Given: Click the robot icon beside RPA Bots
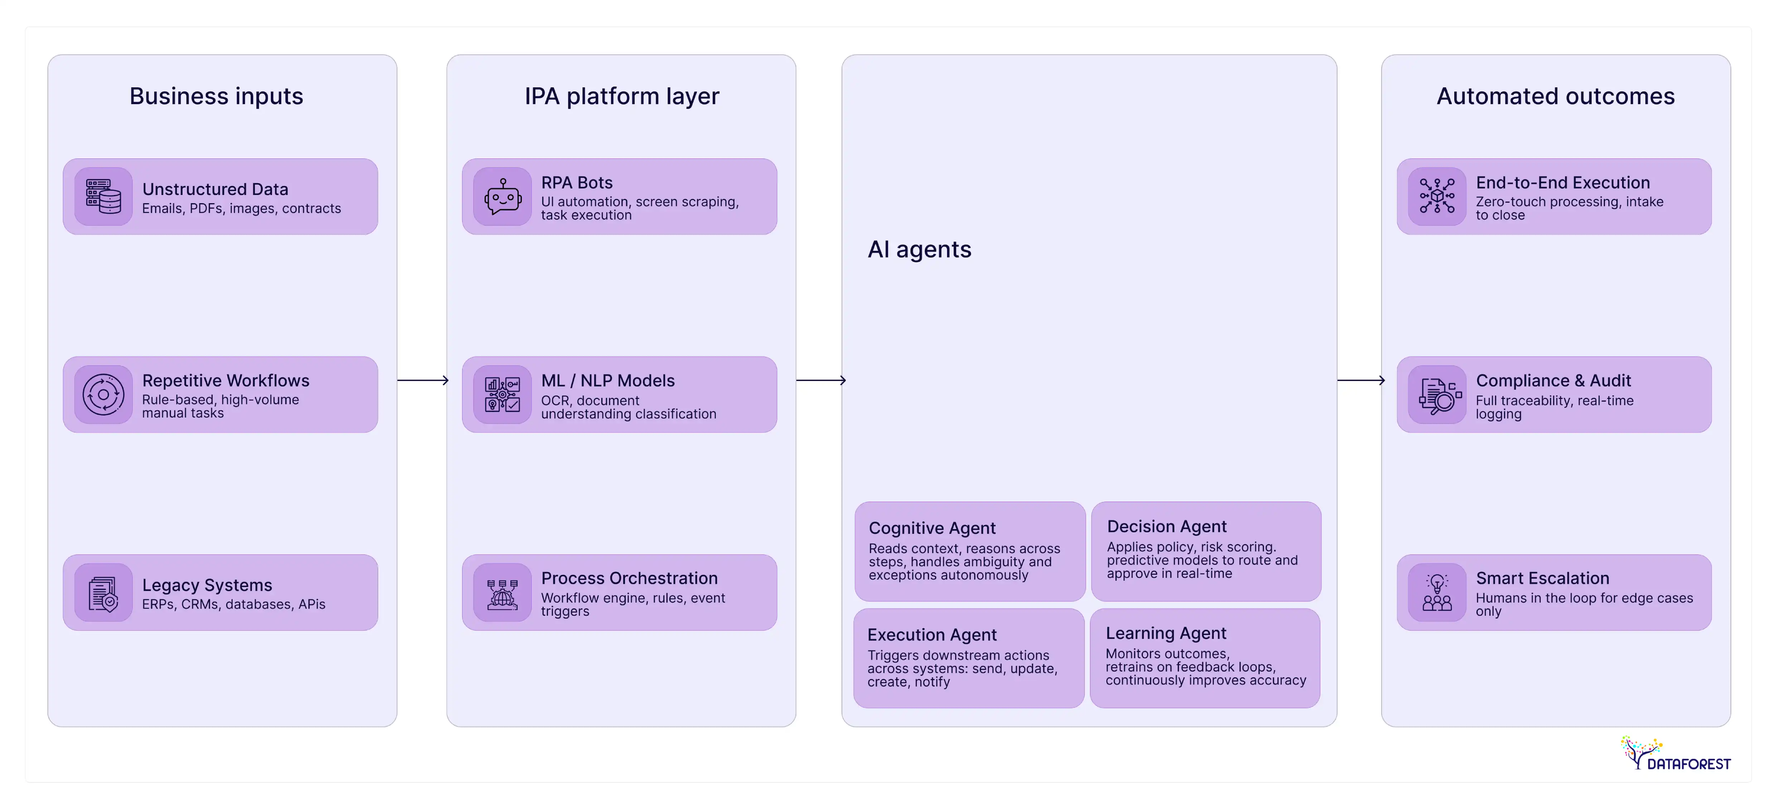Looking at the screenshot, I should pos(503,196).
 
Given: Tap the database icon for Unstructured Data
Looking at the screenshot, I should pos(103,196).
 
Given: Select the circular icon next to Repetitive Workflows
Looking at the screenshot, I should pos(103,394).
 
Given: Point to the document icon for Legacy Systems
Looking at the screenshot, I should pos(103,593).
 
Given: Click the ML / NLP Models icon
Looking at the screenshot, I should pos(503,394).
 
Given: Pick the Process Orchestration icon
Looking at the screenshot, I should pos(503,593).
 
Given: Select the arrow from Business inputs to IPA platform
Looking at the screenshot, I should pos(423,380).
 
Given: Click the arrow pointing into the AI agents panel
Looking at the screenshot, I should pos(820,380).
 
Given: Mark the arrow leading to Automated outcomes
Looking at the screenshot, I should pos(1360,380).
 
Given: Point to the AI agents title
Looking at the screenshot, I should pos(919,250).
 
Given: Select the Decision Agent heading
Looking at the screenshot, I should pos(1166,527).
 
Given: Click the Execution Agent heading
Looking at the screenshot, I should pos(931,635).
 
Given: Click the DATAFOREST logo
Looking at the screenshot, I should pos(1675,755).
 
